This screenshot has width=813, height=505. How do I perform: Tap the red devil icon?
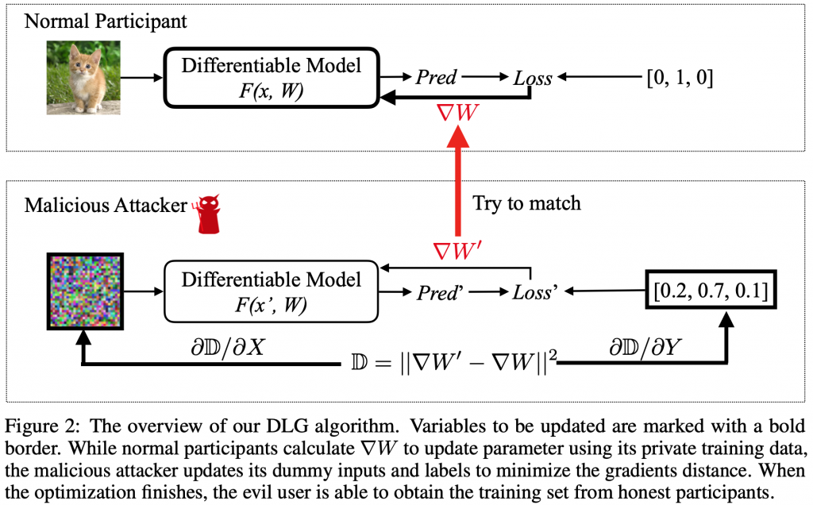[209, 214]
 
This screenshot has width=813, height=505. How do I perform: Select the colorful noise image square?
[84, 291]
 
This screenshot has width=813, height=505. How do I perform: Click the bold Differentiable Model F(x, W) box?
[272, 76]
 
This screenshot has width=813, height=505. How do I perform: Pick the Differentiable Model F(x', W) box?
[272, 291]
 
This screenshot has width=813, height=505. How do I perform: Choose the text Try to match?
[527, 203]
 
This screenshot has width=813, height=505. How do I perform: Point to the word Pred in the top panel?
[437, 77]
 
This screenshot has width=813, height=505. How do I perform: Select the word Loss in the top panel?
[531, 78]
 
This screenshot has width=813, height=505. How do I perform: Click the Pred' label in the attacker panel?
[439, 292]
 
